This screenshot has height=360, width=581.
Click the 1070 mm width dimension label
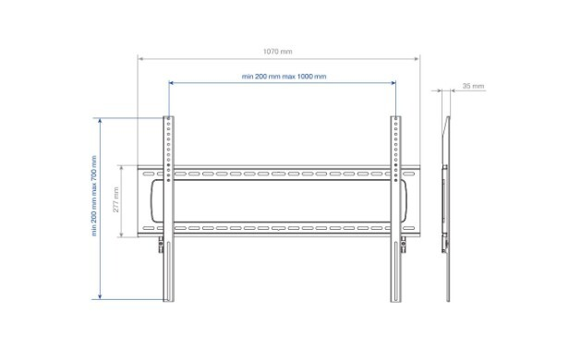click(x=277, y=52)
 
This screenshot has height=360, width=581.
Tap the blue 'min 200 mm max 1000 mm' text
click(x=284, y=77)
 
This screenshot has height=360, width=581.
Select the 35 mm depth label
click(x=473, y=86)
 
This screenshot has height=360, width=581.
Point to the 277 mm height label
click(x=116, y=199)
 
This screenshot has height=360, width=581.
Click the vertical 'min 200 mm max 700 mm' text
click(x=94, y=196)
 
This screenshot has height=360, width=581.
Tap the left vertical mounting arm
click(x=169, y=209)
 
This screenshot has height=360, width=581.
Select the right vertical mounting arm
click(x=395, y=209)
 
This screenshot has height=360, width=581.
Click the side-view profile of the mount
click(x=446, y=209)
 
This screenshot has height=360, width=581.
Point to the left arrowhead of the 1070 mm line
click(x=140, y=58)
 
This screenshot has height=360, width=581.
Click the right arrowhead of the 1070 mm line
click(x=417, y=58)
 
